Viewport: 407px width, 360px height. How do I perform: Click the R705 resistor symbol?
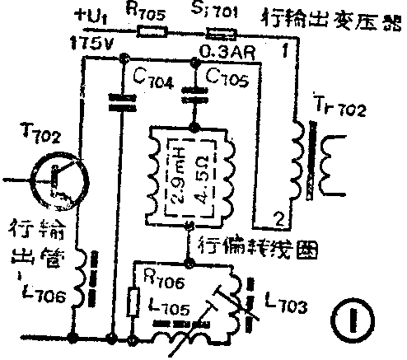[151, 34]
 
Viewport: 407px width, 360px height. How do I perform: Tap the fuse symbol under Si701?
[218, 35]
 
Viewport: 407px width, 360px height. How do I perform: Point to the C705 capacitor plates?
[194, 90]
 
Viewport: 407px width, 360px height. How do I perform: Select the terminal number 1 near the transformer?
[283, 52]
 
